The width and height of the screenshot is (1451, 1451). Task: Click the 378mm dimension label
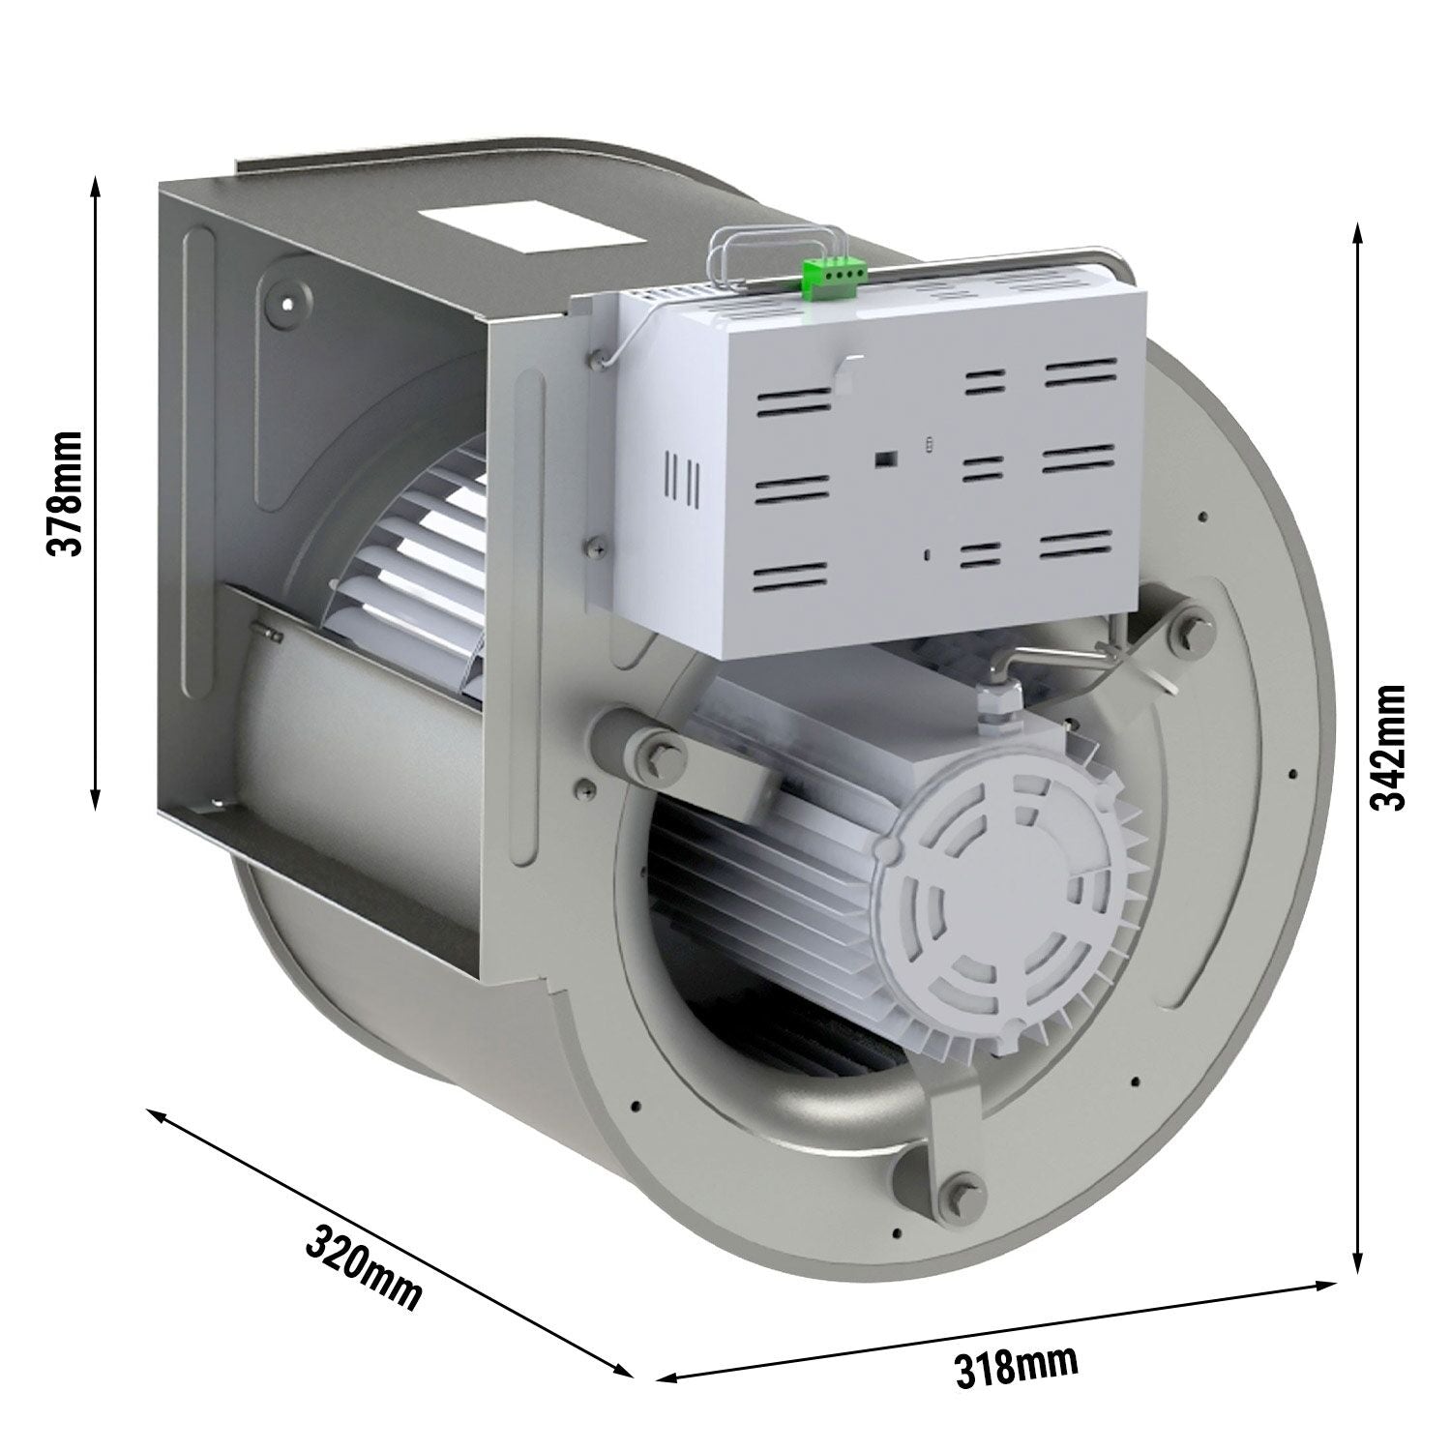point(65,493)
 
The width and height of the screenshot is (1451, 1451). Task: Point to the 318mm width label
point(1015,1367)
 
